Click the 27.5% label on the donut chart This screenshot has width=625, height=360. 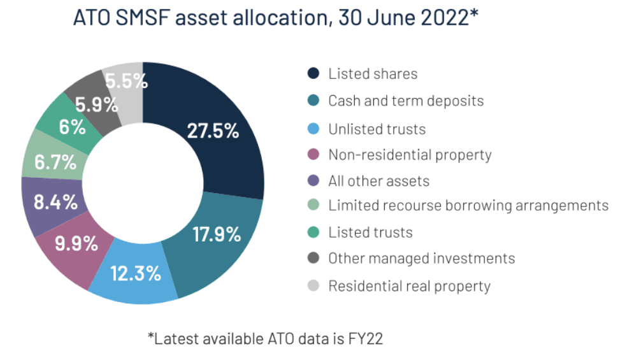[213, 131]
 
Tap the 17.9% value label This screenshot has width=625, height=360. [217, 234]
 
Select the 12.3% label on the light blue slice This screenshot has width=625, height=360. [136, 273]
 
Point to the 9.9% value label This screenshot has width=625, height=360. [76, 243]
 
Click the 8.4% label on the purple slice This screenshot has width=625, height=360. [55, 202]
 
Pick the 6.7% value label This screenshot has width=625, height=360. [55, 162]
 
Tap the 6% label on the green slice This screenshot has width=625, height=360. [72, 127]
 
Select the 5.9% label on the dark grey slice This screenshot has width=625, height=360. [96, 105]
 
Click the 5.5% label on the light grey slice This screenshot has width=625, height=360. [126, 81]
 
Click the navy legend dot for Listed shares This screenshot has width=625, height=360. [313, 73]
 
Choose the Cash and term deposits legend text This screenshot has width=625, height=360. [406, 101]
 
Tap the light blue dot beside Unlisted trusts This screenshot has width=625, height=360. [313, 129]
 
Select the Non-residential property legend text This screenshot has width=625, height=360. [410, 155]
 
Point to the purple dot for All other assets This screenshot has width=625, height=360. [313, 180]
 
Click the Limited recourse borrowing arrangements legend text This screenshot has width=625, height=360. [468, 206]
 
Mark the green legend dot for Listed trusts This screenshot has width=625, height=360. [313, 232]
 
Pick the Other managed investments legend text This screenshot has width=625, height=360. [422, 258]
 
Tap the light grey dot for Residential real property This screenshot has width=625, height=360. [313, 285]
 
